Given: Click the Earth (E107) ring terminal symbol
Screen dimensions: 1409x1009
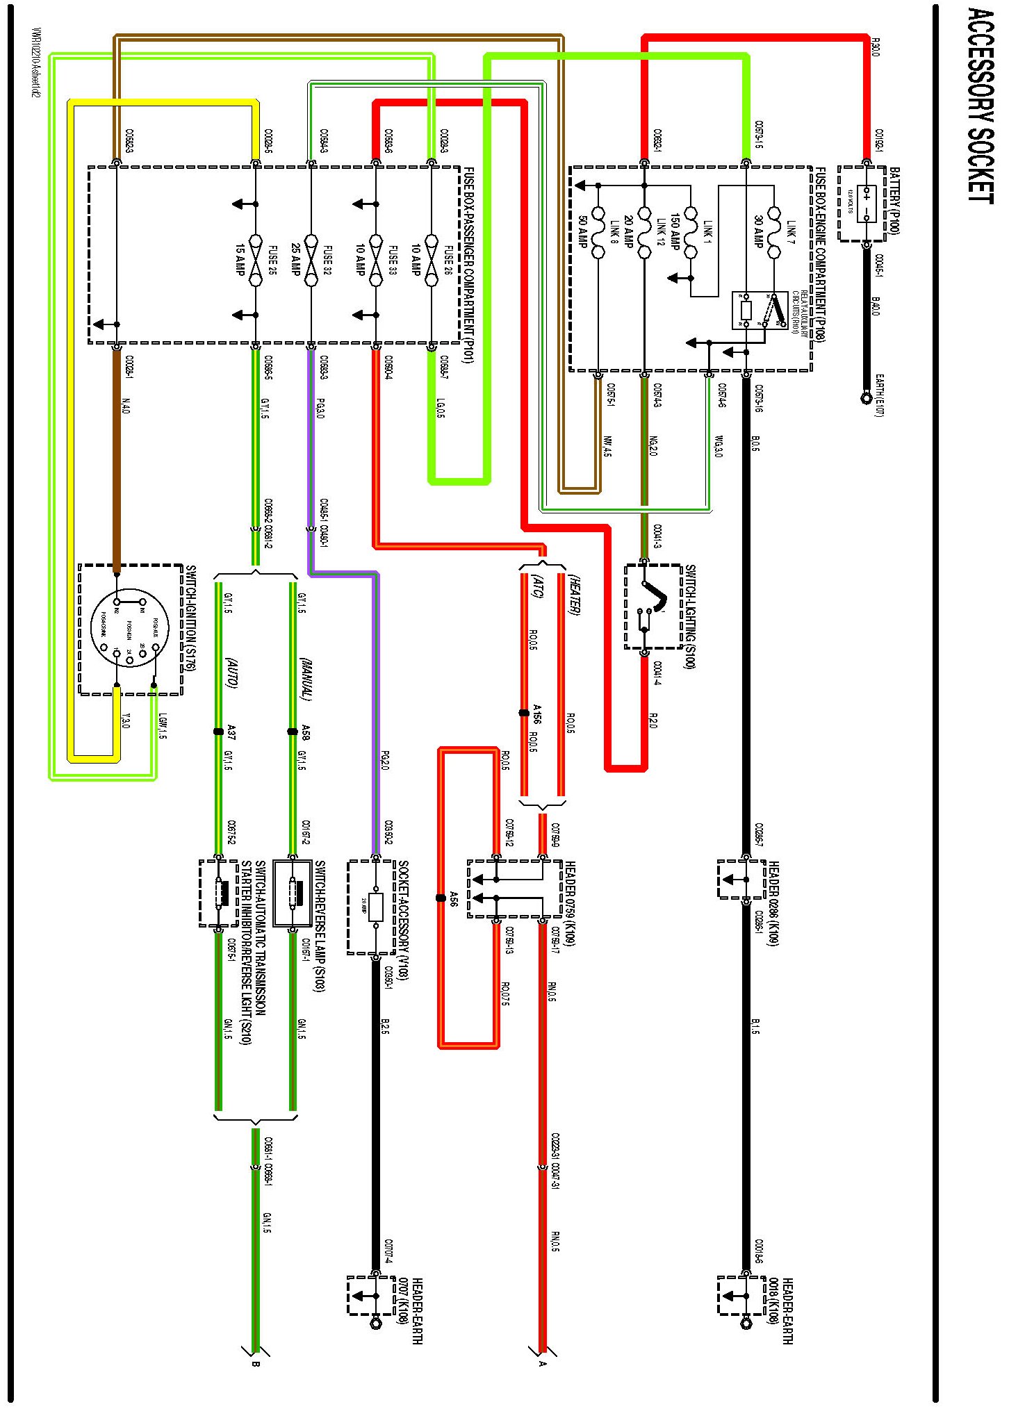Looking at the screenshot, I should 867,398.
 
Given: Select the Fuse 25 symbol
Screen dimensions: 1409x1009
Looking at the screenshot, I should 256,259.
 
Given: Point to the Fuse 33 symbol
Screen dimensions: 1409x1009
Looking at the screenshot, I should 376,259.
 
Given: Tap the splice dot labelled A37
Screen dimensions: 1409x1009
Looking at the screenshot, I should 218,732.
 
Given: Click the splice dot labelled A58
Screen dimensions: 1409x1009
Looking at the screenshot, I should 293,732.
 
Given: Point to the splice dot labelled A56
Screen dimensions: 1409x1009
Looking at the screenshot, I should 441,898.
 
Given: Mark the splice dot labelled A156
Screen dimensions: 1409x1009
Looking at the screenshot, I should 524,713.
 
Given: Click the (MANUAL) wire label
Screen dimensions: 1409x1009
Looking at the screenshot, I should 306,678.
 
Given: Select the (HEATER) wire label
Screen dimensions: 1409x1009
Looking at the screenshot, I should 574,594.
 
